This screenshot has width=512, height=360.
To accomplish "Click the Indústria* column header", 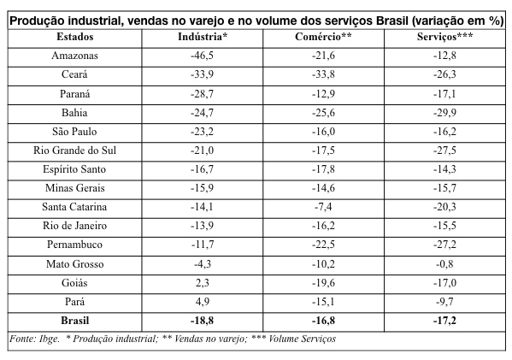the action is pos(203,37).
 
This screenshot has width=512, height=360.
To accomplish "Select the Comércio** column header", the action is pos(323,37).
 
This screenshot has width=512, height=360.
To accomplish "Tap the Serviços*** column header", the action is pos(444,37).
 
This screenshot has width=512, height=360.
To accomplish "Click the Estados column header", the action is pos(74,37).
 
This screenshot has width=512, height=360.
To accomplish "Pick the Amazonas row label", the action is pos(74,56).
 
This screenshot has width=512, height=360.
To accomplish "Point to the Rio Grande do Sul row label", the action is pos(74,150).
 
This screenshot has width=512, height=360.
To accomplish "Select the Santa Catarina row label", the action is pos(74,207).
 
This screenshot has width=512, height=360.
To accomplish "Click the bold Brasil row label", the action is pos(74,321).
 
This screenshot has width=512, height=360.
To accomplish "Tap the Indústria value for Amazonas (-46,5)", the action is pos(202,56).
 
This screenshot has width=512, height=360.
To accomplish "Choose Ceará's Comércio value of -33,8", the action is pos(323,74).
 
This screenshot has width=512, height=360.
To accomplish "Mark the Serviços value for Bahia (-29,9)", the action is pos(444,113).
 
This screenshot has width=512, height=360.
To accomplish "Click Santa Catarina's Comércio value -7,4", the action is pos(323,207).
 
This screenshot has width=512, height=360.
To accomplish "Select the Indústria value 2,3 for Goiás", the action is pos(203,282).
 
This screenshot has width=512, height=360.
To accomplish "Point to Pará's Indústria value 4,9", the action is pos(203,302).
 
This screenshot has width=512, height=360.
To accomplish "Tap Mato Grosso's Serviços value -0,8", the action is pos(444,264).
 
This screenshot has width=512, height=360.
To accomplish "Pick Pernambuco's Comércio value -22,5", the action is pos(323,245).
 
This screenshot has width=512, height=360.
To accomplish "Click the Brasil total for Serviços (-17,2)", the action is pos(444,321).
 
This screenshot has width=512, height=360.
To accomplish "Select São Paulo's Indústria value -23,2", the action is pos(202,132).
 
